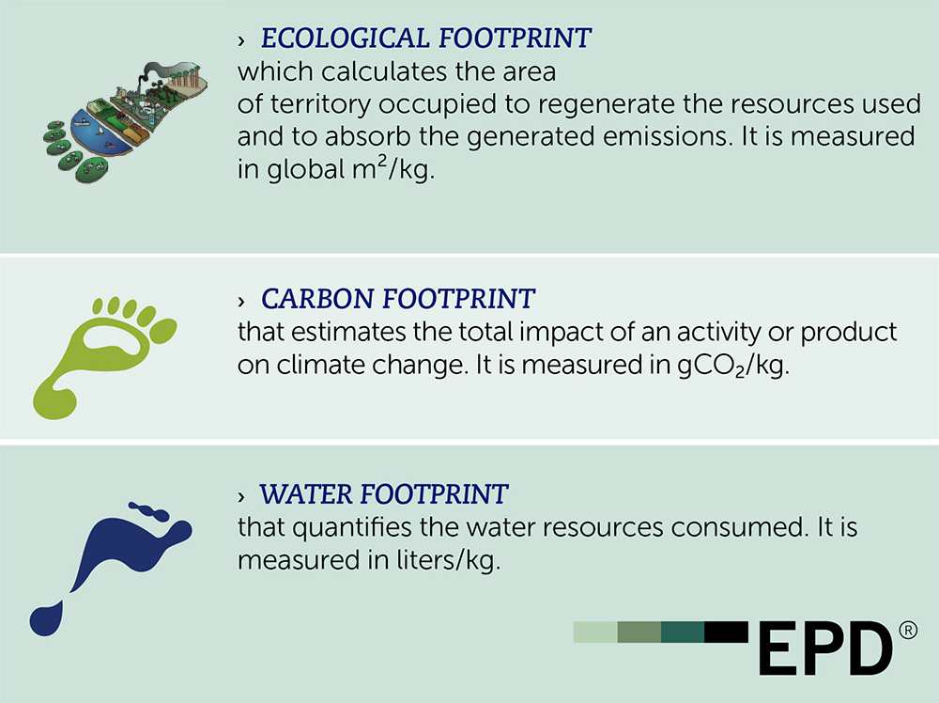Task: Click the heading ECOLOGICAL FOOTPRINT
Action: [426, 39]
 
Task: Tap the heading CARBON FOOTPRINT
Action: [398, 300]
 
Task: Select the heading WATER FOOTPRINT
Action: [384, 493]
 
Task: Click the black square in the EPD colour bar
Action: [726, 632]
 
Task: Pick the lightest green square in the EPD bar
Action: [595, 632]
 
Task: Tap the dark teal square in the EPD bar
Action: [683, 632]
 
